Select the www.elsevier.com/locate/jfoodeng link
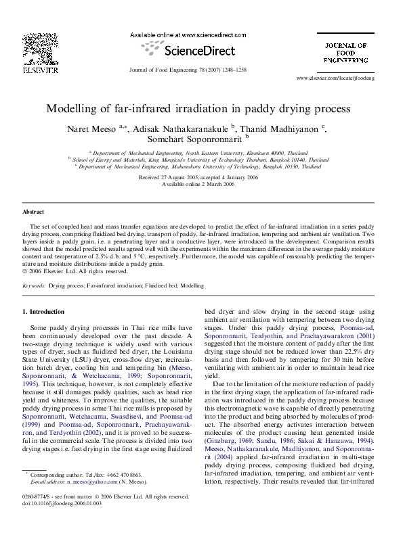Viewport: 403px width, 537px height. click(345, 78)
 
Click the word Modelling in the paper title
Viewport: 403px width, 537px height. click(68, 108)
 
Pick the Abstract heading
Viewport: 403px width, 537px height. click(33, 212)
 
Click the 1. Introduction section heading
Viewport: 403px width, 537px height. click(44, 312)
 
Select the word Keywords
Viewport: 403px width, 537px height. click(34, 286)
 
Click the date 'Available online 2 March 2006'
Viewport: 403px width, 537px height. click(200, 183)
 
